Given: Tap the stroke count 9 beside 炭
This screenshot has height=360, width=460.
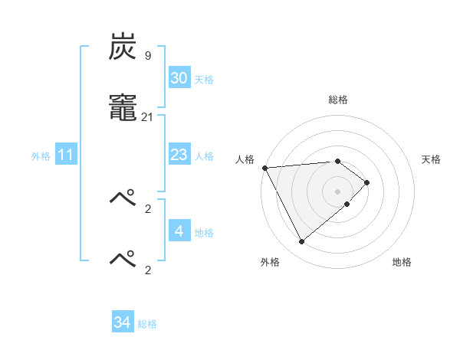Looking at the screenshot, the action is click(148, 56).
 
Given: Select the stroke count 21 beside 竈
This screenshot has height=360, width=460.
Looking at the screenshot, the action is click(148, 117).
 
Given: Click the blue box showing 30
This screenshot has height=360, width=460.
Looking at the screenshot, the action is click(179, 78).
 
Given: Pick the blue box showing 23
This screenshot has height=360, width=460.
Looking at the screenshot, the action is click(179, 155).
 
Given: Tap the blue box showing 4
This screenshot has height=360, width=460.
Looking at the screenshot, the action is click(179, 231).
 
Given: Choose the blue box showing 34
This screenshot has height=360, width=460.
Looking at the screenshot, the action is click(123, 322).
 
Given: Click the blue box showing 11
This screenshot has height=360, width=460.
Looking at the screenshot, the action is click(66, 155).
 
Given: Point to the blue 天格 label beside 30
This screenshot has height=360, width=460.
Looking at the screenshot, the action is click(204, 80).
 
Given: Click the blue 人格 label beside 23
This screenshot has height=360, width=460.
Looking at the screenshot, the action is click(204, 156).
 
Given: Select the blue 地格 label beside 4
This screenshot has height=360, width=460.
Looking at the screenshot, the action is click(204, 233).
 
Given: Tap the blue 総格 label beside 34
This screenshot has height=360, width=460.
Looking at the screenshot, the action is click(147, 325).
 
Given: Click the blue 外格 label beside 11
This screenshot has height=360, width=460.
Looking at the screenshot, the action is click(41, 156).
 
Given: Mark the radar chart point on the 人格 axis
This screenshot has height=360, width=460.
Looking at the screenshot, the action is click(264, 168).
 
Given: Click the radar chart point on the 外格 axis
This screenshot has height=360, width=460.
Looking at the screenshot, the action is click(302, 242).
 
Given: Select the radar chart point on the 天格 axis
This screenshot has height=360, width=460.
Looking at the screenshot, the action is click(367, 182).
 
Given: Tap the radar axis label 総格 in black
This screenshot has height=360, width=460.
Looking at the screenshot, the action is click(338, 100).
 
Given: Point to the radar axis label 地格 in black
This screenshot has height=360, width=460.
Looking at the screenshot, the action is click(402, 262).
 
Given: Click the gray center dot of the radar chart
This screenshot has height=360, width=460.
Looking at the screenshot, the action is click(338, 191).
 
